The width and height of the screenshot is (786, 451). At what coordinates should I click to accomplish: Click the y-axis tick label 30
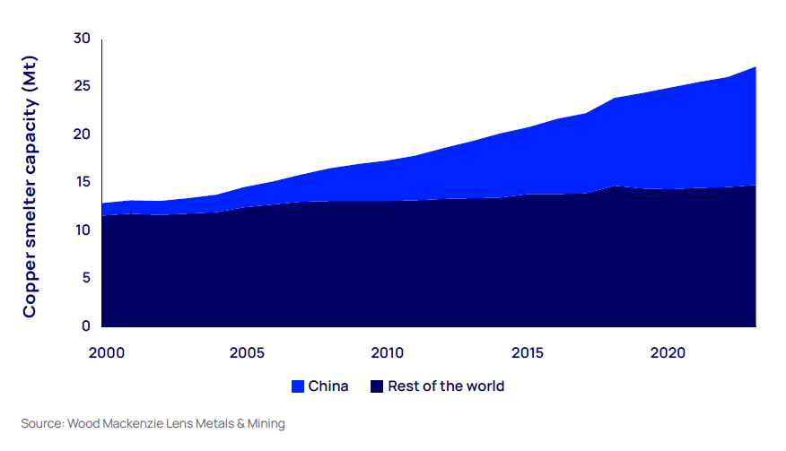[x=83, y=39]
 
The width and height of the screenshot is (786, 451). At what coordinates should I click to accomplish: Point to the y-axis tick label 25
[x=83, y=86]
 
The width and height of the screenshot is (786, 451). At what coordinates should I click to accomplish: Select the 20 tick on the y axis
[x=83, y=134]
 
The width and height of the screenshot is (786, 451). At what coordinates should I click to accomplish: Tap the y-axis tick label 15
[x=83, y=182]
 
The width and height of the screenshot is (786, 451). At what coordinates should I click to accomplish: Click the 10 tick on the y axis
[x=83, y=230]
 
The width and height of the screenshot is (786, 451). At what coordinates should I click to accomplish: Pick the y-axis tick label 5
[x=86, y=278]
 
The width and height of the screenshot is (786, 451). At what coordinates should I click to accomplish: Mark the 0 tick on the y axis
[x=86, y=326]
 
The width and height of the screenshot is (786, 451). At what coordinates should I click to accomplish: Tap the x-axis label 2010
[x=386, y=352]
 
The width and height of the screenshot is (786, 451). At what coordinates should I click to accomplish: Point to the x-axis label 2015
[x=528, y=352]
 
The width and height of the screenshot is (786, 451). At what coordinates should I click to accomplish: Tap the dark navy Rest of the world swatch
[x=378, y=386]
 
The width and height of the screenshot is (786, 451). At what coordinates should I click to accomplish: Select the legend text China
[x=328, y=386]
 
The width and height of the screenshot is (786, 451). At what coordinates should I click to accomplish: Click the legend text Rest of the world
[x=446, y=386]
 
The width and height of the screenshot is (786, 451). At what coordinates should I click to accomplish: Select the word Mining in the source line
[x=264, y=423]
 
